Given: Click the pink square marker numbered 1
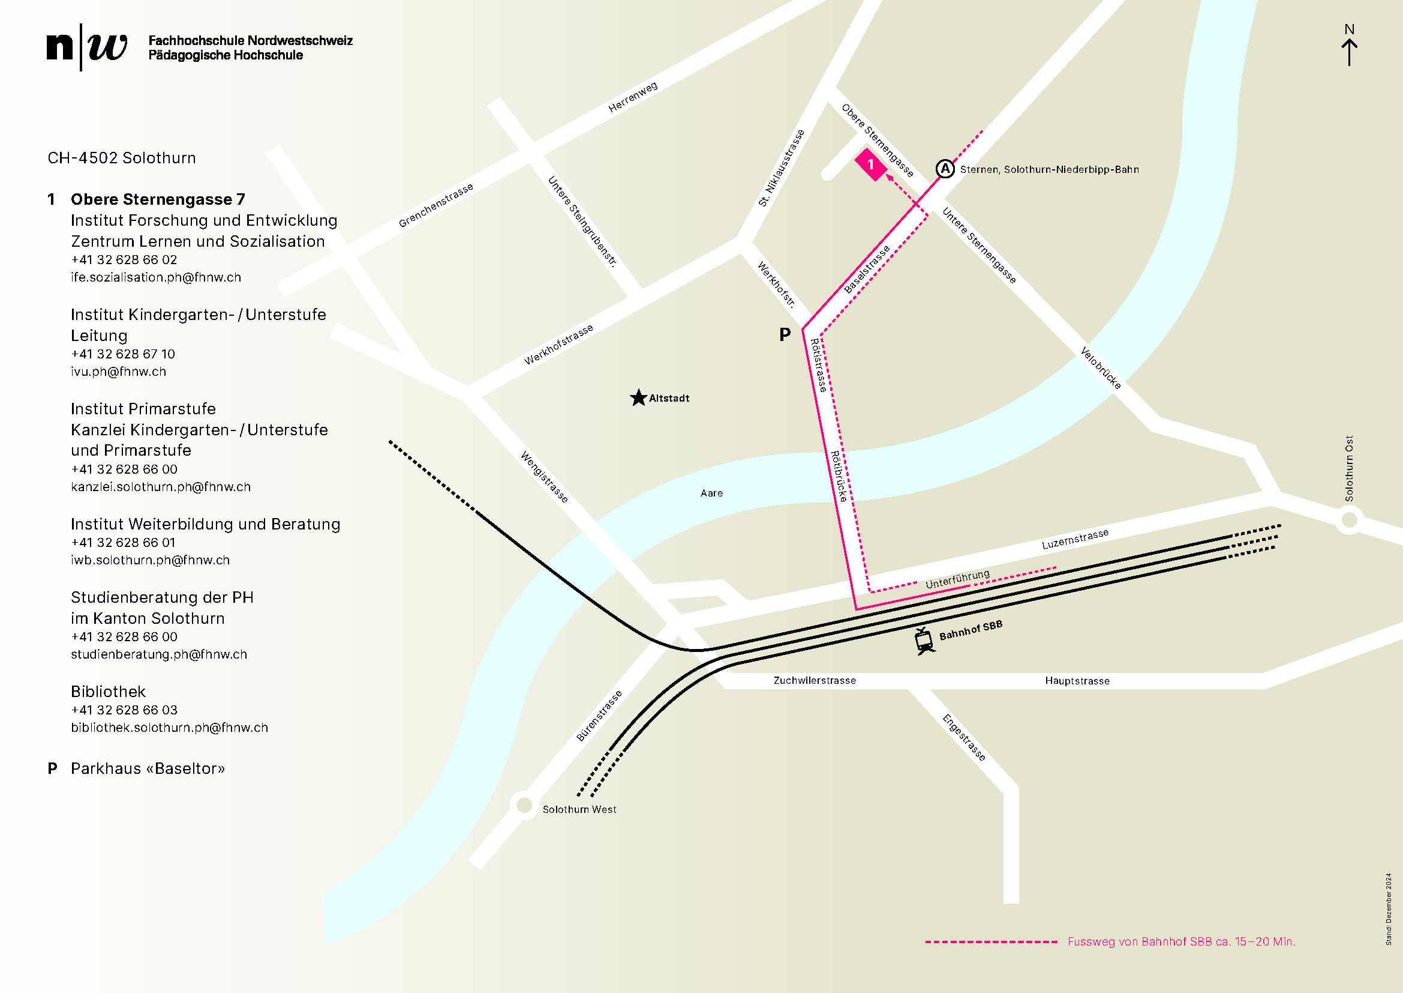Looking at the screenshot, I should click(871, 164).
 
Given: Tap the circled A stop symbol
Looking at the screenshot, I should click(945, 168).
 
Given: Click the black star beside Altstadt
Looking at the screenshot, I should click(638, 398).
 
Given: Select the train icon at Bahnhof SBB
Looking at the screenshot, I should click(924, 641).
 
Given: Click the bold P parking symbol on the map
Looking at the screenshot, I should click(785, 334).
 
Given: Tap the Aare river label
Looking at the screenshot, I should click(711, 493).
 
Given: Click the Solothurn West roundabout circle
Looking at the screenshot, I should click(524, 805).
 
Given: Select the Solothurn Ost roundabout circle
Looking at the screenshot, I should click(1349, 521).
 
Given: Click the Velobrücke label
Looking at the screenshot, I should click(1101, 368).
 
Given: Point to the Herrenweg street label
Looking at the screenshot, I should click(632, 97).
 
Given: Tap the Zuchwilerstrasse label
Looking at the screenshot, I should click(815, 681).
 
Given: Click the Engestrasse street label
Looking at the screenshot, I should click(964, 737).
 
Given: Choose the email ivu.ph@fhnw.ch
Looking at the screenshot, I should click(119, 372).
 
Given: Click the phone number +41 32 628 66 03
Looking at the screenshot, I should click(124, 710).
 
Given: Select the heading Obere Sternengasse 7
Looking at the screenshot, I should click(158, 199).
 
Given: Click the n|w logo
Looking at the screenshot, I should click(87, 47).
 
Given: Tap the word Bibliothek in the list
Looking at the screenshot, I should click(108, 692).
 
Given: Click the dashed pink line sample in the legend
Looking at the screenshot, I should click(991, 941).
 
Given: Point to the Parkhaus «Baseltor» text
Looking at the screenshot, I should click(148, 768).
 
